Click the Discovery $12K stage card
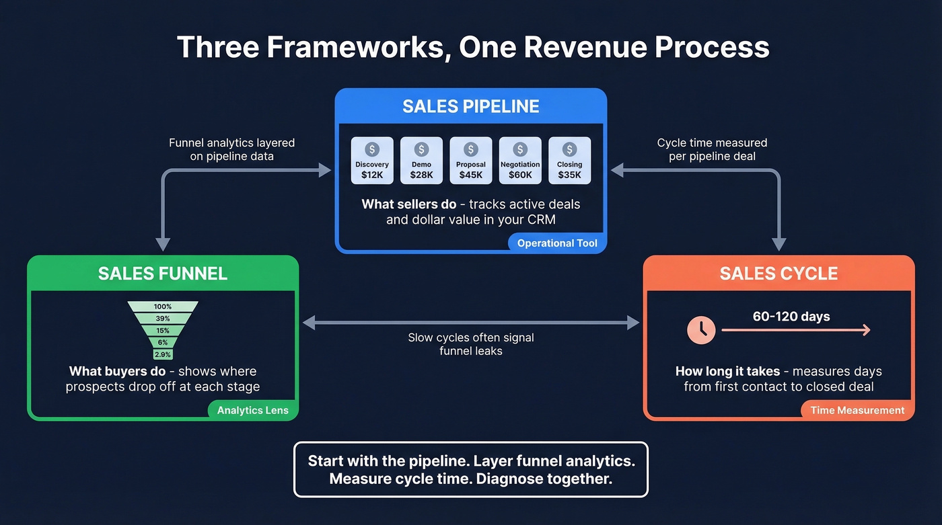click(x=372, y=161)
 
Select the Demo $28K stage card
click(x=421, y=161)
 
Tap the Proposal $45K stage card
click(x=471, y=161)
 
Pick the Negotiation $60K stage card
click(x=520, y=161)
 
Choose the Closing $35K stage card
click(x=569, y=161)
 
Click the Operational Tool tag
click(x=557, y=243)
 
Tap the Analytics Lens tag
click(x=252, y=410)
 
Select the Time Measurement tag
click(x=857, y=410)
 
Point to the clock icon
click(x=701, y=330)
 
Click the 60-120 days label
click(x=791, y=317)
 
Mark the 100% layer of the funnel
click(x=163, y=307)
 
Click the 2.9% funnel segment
click(x=163, y=354)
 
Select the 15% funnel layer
click(x=163, y=331)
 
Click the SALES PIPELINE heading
click(x=471, y=106)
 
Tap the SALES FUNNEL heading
click(x=163, y=274)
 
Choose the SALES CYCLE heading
click(x=778, y=274)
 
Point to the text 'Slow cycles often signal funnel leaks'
click(x=471, y=344)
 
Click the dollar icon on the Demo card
click(x=421, y=149)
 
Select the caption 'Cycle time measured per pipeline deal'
click(x=712, y=149)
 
